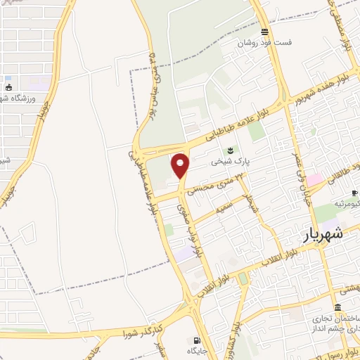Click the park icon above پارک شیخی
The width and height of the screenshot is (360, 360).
tap(230, 150)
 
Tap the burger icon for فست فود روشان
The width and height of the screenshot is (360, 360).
tap(264, 32)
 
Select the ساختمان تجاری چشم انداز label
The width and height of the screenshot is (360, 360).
tap(333, 321)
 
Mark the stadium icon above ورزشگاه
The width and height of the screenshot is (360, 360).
tap(8, 88)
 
